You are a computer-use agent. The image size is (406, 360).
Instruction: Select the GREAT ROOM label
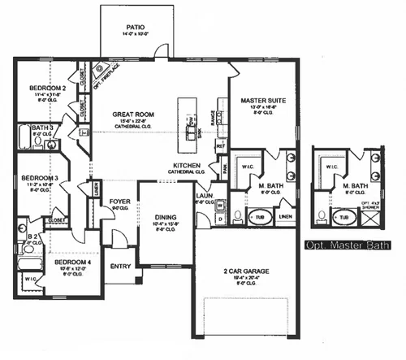tap(128, 115)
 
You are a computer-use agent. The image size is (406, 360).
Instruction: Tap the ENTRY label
tap(121, 266)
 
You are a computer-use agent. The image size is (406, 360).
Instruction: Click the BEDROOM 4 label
tap(71, 262)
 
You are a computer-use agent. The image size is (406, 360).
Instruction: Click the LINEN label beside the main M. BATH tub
tap(285, 217)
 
